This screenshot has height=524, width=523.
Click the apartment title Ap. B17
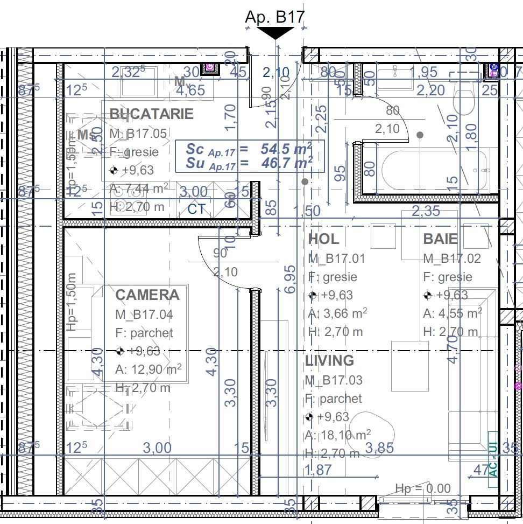click(274, 16)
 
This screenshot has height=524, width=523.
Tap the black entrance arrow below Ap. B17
click(276, 33)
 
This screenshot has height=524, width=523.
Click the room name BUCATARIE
click(151, 114)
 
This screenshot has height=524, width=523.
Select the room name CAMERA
click(147, 295)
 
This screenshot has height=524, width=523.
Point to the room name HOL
click(323, 239)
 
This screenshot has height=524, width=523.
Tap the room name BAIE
click(440, 239)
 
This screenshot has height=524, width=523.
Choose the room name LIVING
click(329, 360)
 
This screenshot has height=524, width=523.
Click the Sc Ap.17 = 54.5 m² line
click(249, 149)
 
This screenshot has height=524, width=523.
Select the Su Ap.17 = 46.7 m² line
click(249, 163)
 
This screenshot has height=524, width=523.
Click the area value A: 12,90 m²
click(148, 369)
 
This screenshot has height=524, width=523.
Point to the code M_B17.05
click(138, 134)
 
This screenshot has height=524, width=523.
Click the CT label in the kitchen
click(196, 209)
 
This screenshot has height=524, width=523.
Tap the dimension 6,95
click(290, 279)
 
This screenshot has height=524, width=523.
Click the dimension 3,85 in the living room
click(379, 448)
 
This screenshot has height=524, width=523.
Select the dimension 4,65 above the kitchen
click(190, 90)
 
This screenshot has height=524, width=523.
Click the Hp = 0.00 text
click(423, 489)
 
